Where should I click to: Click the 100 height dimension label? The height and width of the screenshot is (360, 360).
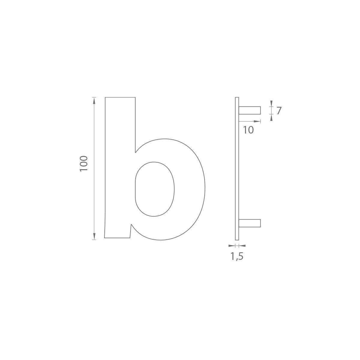[84, 164]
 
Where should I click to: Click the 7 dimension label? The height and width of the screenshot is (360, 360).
[279, 111]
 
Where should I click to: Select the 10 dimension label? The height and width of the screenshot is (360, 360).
[248, 130]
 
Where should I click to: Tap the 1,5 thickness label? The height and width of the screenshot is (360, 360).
[237, 256]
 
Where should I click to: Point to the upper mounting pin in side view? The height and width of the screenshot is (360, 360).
[250, 110]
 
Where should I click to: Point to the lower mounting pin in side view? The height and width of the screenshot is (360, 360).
[250, 223]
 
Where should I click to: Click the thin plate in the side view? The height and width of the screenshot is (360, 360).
[237, 169]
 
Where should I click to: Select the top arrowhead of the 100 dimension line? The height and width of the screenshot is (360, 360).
[94, 100]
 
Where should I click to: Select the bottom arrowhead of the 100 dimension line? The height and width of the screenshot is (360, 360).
[94, 236]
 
